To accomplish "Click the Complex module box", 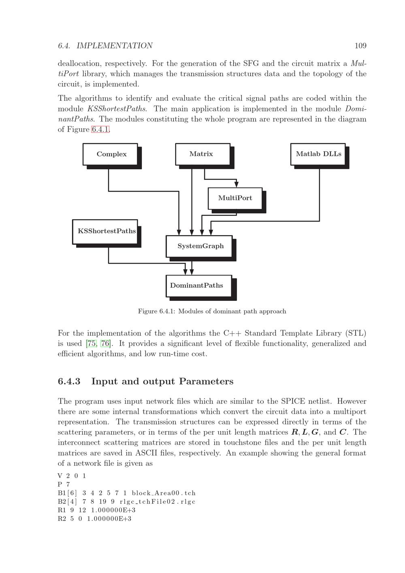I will coord(110,154).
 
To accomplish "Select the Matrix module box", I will coord(202,154).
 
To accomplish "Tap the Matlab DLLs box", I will coord(318,154).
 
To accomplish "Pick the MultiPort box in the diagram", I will coord(235,198).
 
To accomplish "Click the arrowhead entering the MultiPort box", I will coord(237,184).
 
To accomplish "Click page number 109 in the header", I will coord(360,46).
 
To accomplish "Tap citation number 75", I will coord(92,344).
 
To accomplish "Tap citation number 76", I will coord(105,344).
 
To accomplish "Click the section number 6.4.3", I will coord(69,381).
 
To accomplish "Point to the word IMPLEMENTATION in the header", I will coord(114,46).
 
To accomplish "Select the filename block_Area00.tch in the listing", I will coord(164,493).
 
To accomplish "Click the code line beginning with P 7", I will coord(64,484).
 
